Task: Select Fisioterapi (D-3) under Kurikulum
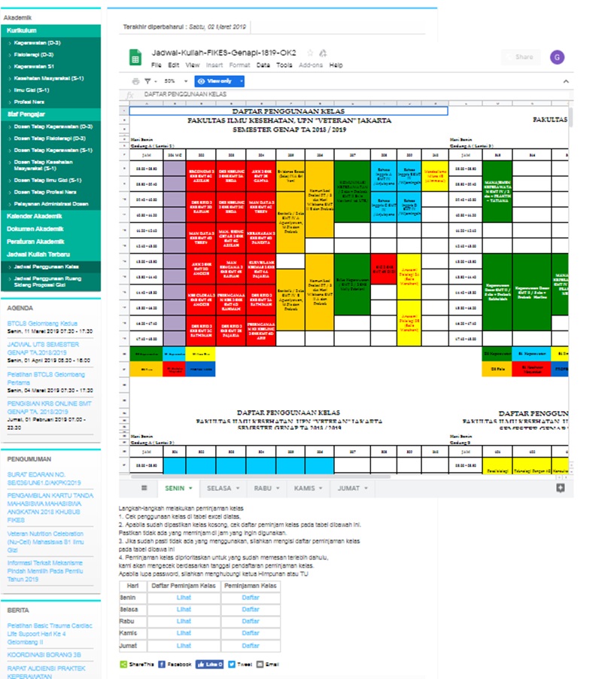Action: click(x=33, y=55)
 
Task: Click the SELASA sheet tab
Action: click(x=219, y=489)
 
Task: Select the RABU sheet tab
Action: click(x=263, y=489)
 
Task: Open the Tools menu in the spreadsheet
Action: click(x=284, y=65)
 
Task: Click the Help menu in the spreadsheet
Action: click(x=336, y=65)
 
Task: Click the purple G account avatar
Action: click(x=557, y=57)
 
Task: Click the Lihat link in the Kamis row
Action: click(x=184, y=634)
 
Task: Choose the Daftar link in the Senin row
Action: click(x=251, y=598)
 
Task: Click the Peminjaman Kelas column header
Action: click(x=251, y=586)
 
